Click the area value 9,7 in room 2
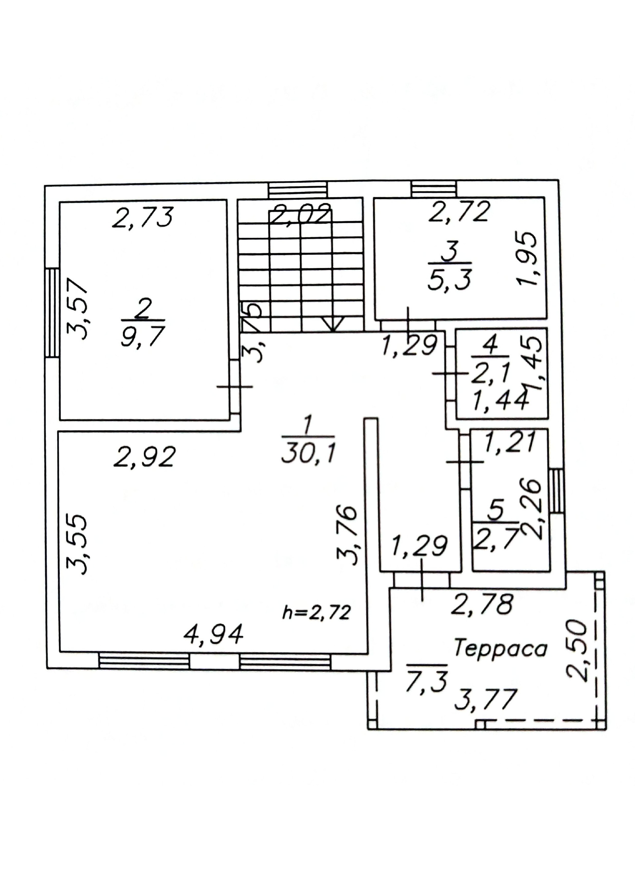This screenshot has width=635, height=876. point(143,336)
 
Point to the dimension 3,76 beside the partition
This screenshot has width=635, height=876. point(346,535)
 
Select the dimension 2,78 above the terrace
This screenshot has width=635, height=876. point(482,604)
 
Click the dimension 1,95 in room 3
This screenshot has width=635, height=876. point(528,258)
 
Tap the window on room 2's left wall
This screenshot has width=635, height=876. point(52,313)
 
